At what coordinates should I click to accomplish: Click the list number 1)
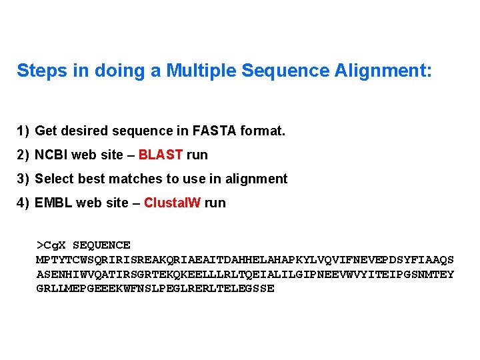tap(23, 131)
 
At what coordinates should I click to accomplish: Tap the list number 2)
tap(23, 155)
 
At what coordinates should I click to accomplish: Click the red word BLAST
tap(161, 155)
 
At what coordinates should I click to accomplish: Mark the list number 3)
tap(23, 179)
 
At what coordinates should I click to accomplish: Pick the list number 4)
tap(23, 203)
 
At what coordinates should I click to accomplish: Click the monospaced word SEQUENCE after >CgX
tap(101, 245)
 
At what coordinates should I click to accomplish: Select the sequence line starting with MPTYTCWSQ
tap(245, 260)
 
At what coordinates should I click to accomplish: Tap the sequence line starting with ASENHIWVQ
tap(245, 275)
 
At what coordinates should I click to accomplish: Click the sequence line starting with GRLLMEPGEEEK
tap(155, 289)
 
